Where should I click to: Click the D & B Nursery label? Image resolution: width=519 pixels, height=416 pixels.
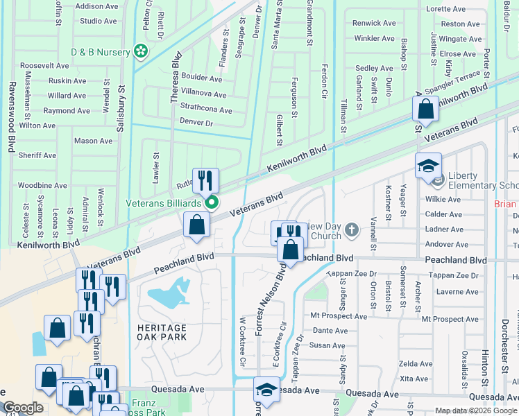click(x=100, y=51)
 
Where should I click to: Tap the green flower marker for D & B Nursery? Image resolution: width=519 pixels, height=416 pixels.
click(x=142, y=51)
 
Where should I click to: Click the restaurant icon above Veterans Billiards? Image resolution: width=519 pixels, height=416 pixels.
click(x=205, y=181)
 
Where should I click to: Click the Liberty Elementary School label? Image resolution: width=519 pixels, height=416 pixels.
click(x=482, y=180)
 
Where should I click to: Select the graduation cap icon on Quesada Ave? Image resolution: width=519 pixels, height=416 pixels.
click(x=266, y=390)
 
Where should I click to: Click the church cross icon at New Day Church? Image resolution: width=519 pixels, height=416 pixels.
click(x=352, y=230)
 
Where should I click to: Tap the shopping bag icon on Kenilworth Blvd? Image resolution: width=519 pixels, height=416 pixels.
click(x=425, y=110)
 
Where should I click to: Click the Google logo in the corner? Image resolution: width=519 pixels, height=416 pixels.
click(x=23, y=408)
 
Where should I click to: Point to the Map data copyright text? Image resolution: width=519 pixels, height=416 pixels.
click(x=476, y=410)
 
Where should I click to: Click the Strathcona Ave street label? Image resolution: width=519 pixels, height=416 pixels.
click(x=206, y=110)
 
